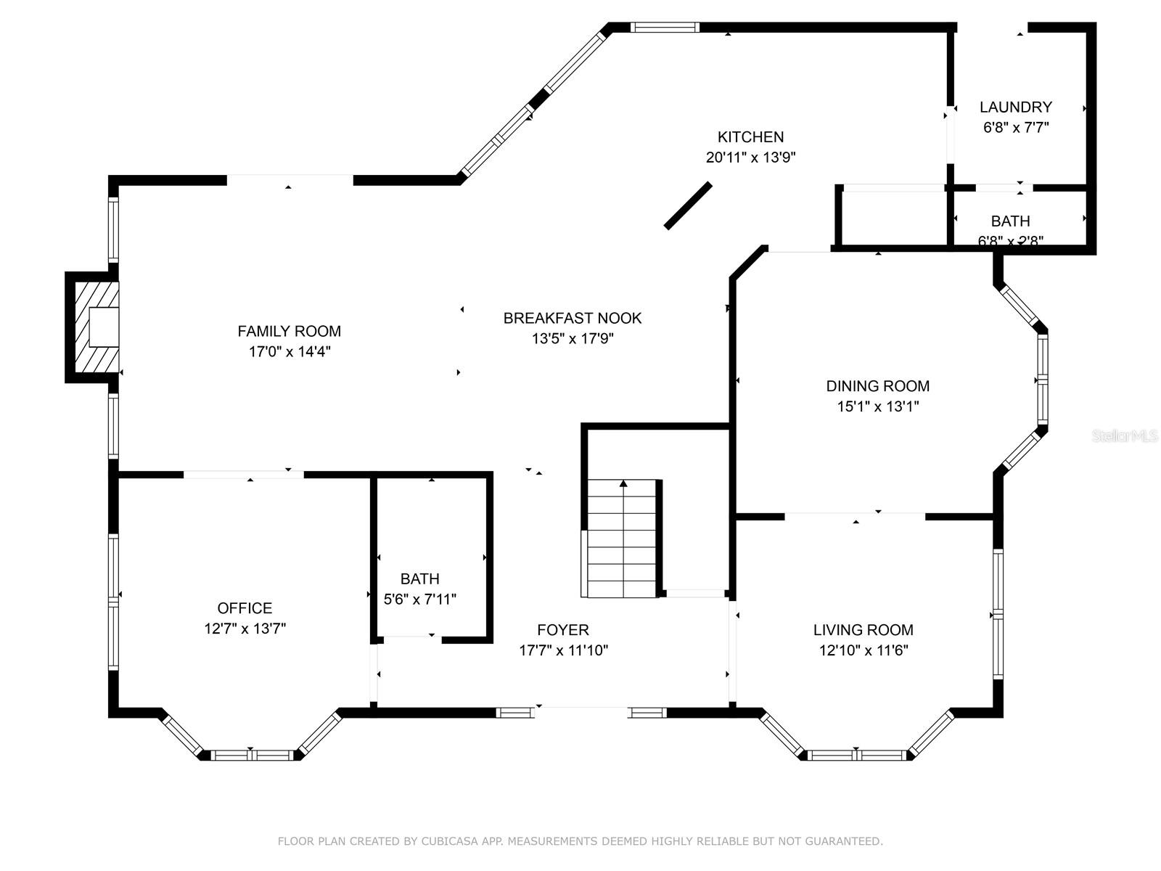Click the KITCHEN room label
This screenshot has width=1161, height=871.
[x=750, y=137]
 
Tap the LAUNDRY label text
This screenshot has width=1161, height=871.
[x=1015, y=107]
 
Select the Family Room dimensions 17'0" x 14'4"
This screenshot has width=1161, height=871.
[x=289, y=352]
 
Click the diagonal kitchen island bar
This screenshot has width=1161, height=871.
[x=688, y=206]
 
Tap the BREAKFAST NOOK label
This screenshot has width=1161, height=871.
[x=573, y=318]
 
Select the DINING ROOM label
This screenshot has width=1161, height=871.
[x=877, y=386]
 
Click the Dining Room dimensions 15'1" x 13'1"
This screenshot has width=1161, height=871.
[x=877, y=406]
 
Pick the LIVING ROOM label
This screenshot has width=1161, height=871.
[x=863, y=630]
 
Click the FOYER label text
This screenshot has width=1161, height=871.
[x=563, y=630]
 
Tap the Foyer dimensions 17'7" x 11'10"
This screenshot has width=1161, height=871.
[x=563, y=650]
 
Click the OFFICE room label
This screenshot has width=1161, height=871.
[x=245, y=608]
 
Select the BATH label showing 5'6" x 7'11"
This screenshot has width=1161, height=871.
[x=419, y=579]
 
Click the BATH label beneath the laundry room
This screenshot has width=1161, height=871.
[x=1010, y=221]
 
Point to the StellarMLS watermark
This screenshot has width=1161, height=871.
[x=1124, y=436]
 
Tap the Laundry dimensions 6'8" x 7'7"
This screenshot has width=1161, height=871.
[x=1015, y=128]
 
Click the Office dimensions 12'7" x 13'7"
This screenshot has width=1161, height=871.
[x=245, y=629]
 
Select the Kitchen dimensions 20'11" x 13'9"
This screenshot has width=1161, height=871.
[x=750, y=158]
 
